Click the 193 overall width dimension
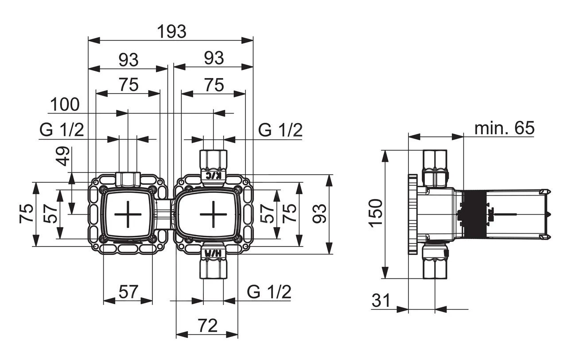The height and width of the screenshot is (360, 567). point(172,31)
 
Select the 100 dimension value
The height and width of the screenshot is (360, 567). point(65,105)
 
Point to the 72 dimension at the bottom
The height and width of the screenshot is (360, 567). point(207,326)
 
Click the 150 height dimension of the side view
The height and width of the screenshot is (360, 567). point(375,213)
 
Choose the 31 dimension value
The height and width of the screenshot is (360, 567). point(381,301)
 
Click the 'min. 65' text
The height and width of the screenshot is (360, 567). point(504,129)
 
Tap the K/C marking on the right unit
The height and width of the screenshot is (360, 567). point(213,175)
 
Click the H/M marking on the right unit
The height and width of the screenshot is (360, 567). point(213,253)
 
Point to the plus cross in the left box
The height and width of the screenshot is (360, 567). point(128,214)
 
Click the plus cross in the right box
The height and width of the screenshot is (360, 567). point(213,214)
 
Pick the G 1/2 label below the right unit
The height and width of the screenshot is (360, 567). point(269,292)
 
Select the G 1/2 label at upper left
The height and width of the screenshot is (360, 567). point(62,130)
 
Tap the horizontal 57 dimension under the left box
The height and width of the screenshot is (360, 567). point(128,292)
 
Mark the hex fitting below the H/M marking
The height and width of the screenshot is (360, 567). point(213,268)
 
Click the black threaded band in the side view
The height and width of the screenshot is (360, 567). point(473,214)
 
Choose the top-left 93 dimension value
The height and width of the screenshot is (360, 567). point(128,59)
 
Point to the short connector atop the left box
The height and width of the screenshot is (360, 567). point(128,179)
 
